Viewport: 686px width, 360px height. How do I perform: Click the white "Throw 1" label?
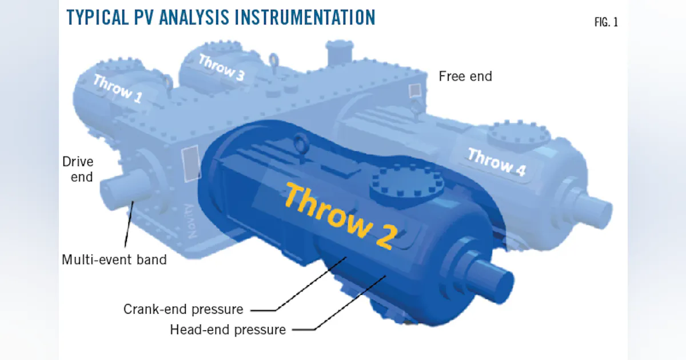117,89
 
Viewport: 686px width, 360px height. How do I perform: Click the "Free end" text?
465,77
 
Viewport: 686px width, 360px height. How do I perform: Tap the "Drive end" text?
78,170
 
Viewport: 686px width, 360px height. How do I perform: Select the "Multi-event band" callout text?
114,260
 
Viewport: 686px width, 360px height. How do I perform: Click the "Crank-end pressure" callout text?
184,310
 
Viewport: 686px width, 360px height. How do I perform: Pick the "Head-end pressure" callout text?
228,330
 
